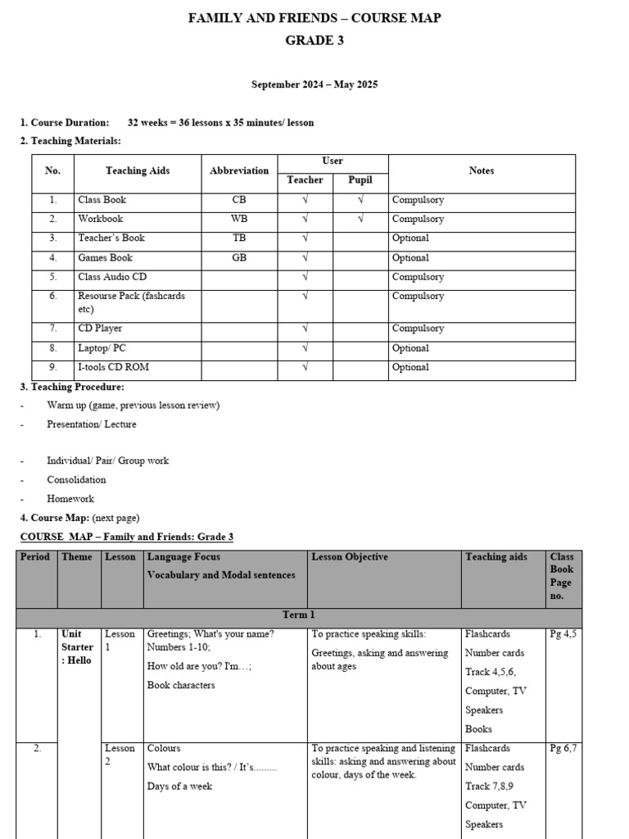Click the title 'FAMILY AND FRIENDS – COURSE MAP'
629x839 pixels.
tap(314, 18)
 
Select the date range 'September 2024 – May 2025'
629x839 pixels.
tap(314, 84)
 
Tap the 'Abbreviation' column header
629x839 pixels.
tap(239, 170)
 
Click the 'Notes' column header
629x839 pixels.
tap(481, 170)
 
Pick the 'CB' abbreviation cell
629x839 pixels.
tap(239, 200)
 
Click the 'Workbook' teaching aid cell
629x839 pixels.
tap(101, 219)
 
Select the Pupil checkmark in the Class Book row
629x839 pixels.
tap(360, 200)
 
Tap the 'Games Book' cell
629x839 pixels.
tap(105, 257)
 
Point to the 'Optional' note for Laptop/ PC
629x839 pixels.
tap(410, 348)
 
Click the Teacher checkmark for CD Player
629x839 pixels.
tap(305, 329)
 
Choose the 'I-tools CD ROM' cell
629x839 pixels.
tap(113, 367)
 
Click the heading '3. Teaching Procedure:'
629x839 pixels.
tap(72, 387)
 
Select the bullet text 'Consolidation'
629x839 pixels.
tap(76, 479)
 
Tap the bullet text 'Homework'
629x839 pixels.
tap(70, 498)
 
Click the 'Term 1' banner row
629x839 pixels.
tap(299, 615)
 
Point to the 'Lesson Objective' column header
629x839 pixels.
tap(350, 557)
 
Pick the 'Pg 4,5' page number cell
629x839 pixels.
tap(563, 633)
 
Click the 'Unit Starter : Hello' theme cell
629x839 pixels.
tap(78, 647)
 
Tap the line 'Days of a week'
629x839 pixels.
tap(179, 787)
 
